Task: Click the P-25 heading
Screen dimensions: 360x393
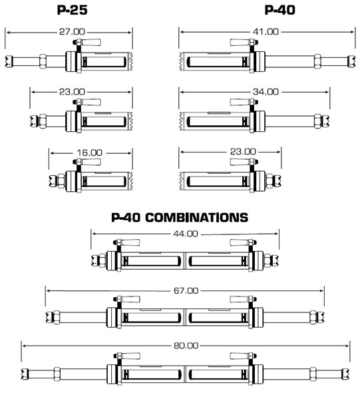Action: click(72, 10)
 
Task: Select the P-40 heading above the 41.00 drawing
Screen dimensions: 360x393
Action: click(280, 10)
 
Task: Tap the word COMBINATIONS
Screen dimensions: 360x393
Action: click(197, 217)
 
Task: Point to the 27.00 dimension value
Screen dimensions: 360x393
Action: click(72, 32)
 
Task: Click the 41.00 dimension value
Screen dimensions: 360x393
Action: click(266, 32)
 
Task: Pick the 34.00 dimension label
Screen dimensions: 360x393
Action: click(266, 92)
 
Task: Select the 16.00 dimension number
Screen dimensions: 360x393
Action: click(90, 153)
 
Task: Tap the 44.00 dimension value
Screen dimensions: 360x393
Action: click(186, 234)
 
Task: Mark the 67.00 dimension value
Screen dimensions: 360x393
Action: click(186, 290)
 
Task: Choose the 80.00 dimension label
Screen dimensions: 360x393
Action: click(186, 346)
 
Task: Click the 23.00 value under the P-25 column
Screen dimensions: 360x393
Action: click(72, 92)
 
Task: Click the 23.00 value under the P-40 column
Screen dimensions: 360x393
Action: click(243, 152)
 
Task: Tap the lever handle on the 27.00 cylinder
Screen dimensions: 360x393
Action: click(90, 42)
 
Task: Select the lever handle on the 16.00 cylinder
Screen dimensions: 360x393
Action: click(90, 162)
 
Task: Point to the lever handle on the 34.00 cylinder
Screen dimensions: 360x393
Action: click(240, 102)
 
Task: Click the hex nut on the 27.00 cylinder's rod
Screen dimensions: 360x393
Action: click(43, 61)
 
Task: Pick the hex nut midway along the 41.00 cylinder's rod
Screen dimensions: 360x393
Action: click(317, 61)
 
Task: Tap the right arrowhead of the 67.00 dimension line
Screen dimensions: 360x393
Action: click(321, 290)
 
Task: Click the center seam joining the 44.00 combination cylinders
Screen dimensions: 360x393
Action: click(185, 260)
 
